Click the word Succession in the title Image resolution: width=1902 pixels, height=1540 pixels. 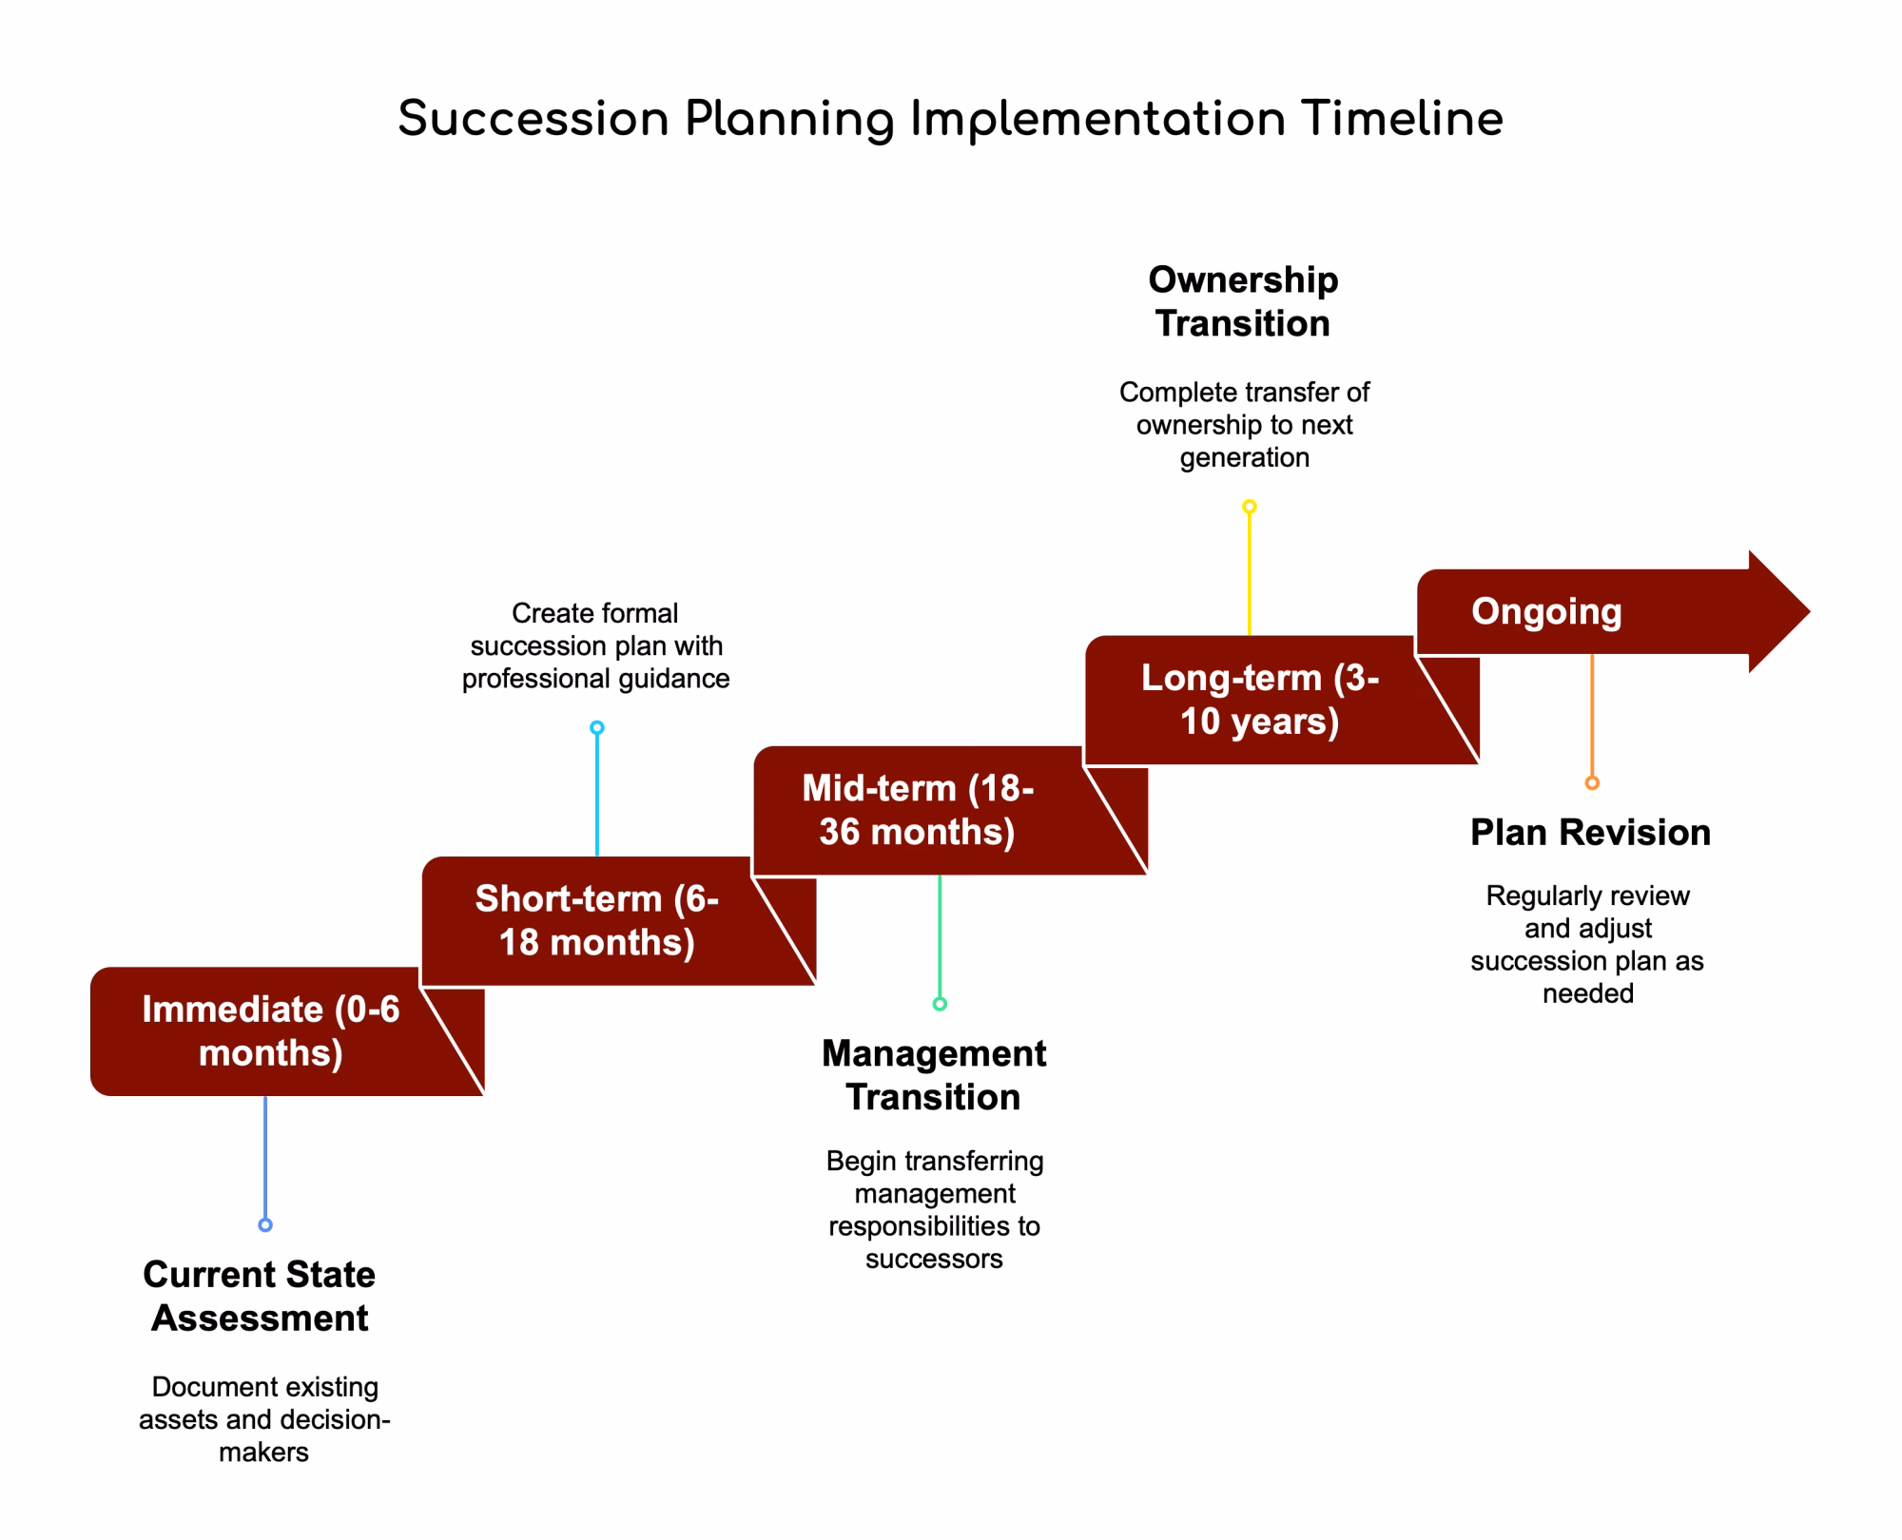pyautogui.click(x=534, y=120)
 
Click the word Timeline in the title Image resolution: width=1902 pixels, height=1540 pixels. pyautogui.click(x=1402, y=120)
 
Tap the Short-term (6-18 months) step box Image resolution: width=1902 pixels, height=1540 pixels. pyautogui.click(x=618, y=921)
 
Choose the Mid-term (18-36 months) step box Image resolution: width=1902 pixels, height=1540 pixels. pyautogui.click(x=950, y=811)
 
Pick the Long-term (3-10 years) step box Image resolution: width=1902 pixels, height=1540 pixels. pyautogui.click(x=1282, y=701)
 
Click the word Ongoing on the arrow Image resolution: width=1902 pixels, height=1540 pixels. pyautogui.click(x=1546, y=611)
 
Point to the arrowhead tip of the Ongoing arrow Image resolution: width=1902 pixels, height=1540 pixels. pyautogui.click(x=1810, y=611)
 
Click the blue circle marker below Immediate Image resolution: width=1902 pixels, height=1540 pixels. pyautogui.click(x=265, y=1225)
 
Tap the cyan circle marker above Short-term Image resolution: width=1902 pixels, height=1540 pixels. pyautogui.click(x=597, y=728)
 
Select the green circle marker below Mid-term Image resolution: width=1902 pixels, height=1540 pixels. pyautogui.click(x=940, y=1004)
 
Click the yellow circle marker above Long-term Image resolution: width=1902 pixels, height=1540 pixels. pyautogui.click(x=1250, y=507)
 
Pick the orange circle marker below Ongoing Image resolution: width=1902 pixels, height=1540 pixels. pyautogui.click(x=1592, y=783)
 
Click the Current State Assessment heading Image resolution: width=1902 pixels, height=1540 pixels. pyautogui.click(x=260, y=1297)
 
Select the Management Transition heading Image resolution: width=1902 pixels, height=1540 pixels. pyautogui.click(x=934, y=1075)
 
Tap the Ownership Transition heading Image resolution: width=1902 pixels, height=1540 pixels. pyautogui.click(x=1243, y=301)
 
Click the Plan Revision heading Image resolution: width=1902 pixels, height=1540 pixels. pyautogui.click(x=1591, y=833)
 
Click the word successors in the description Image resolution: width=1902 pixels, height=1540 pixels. pyautogui.click(x=934, y=1260)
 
